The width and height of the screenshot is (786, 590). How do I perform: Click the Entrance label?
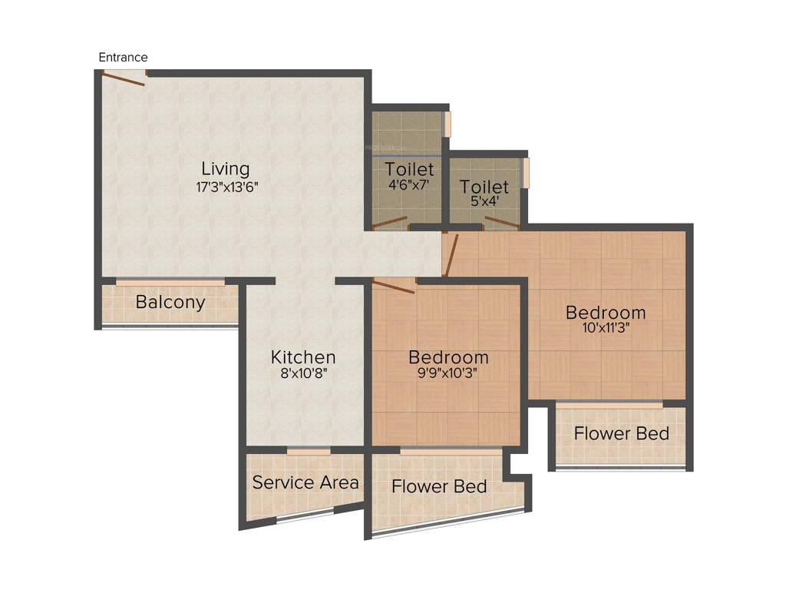click(x=123, y=58)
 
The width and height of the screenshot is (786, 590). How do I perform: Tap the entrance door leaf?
click(x=124, y=79)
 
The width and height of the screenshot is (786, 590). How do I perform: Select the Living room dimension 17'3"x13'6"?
click(x=225, y=186)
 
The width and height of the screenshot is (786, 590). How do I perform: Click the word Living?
click(x=225, y=168)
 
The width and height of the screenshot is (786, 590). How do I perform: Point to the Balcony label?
click(x=170, y=302)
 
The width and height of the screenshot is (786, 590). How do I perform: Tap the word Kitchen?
click(x=303, y=357)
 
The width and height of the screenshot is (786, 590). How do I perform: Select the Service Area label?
click(x=305, y=482)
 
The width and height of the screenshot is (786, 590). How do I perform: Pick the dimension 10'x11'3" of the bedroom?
click(x=606, y=330)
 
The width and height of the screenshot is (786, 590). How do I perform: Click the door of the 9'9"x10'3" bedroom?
click(x=393, y=287)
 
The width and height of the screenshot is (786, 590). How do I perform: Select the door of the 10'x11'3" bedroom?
click(x=452, y=255)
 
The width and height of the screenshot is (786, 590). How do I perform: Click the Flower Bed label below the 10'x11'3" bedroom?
click(x=621, y=433)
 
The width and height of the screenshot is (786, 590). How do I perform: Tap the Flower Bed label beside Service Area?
click(x=439, y=486)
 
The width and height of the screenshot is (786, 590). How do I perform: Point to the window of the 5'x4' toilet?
click(x=526, y=173)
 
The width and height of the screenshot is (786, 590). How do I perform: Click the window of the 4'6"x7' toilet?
click(x=447, y=124)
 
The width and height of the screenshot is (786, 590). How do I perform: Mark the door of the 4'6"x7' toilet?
click(x=389, y=223)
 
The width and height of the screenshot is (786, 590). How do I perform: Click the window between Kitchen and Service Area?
click(x=309, y=451)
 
